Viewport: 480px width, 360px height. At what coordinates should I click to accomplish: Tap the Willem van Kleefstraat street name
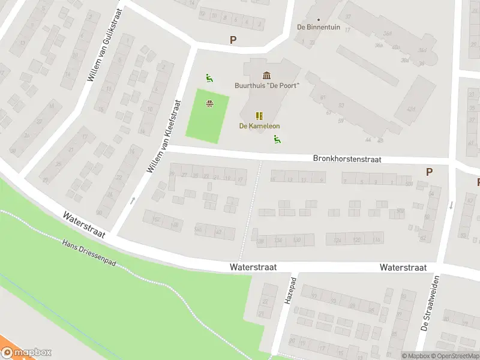click(x=164, y=136)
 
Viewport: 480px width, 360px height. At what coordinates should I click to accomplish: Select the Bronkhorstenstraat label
click(x=347, y=160)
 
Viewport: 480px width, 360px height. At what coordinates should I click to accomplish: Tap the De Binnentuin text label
click(x=319, y=28)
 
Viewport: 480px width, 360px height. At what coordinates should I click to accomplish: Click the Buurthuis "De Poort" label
click(x=267, y=85)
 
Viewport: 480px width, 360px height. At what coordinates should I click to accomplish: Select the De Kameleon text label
click(x=259, y=126)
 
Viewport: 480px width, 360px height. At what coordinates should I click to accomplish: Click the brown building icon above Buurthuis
click(x=266, y=75)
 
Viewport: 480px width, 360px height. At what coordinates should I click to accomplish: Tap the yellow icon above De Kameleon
click(x=259, y=116)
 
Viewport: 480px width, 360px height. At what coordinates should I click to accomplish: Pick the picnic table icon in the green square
click(x=210, y=104)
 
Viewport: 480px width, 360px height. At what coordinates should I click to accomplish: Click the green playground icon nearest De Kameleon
click(x=277, y=140)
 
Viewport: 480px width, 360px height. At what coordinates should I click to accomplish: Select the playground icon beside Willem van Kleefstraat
click(x=209, y=77)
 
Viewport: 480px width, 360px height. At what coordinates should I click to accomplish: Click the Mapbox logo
click(x=26, y=353)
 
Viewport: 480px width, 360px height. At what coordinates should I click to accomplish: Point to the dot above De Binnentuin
click(x=319, y=19)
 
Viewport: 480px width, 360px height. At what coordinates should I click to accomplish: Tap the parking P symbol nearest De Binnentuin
click(x=233, y=40)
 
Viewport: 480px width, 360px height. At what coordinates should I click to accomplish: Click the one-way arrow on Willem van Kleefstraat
click(x=133, y=200)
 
